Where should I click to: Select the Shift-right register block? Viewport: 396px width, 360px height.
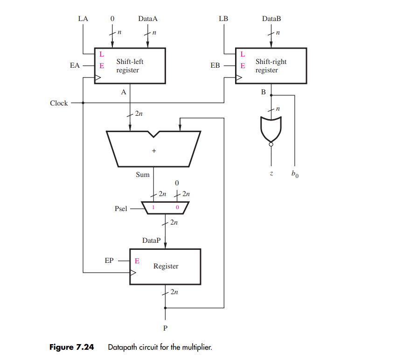(x=271, y=66)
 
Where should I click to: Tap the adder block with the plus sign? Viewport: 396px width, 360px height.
(x=153, y=149)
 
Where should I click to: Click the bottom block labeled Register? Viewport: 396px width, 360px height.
(x=165, y=266)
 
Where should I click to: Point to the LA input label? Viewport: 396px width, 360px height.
(x=83, y=19)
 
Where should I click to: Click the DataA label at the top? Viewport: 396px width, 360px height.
(x=148, y=19)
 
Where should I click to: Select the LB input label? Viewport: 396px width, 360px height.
(x=223, y=19)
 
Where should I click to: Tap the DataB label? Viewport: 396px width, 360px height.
(x=271, y=19)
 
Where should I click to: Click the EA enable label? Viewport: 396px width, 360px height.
(x=75, y=66)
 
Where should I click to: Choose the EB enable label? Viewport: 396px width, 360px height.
(x=215, y=66)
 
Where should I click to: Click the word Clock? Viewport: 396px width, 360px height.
(x=59, y=103)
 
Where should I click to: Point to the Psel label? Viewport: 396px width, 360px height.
(x=121, y=209)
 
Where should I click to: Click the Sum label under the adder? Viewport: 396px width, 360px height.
(x=143, y=175)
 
